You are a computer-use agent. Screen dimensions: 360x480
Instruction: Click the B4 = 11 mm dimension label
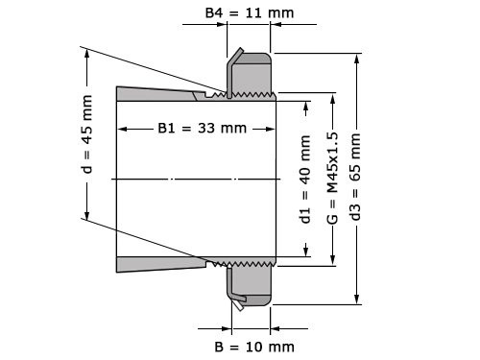tap(250, 13)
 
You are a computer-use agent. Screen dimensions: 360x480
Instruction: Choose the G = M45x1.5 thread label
tap(332, 179)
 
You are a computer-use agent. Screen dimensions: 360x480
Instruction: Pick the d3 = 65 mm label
tap(357, 179)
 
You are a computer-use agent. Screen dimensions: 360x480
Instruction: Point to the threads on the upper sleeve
tap(245, 95)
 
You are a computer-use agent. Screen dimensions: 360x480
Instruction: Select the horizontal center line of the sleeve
tap(192, 179)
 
